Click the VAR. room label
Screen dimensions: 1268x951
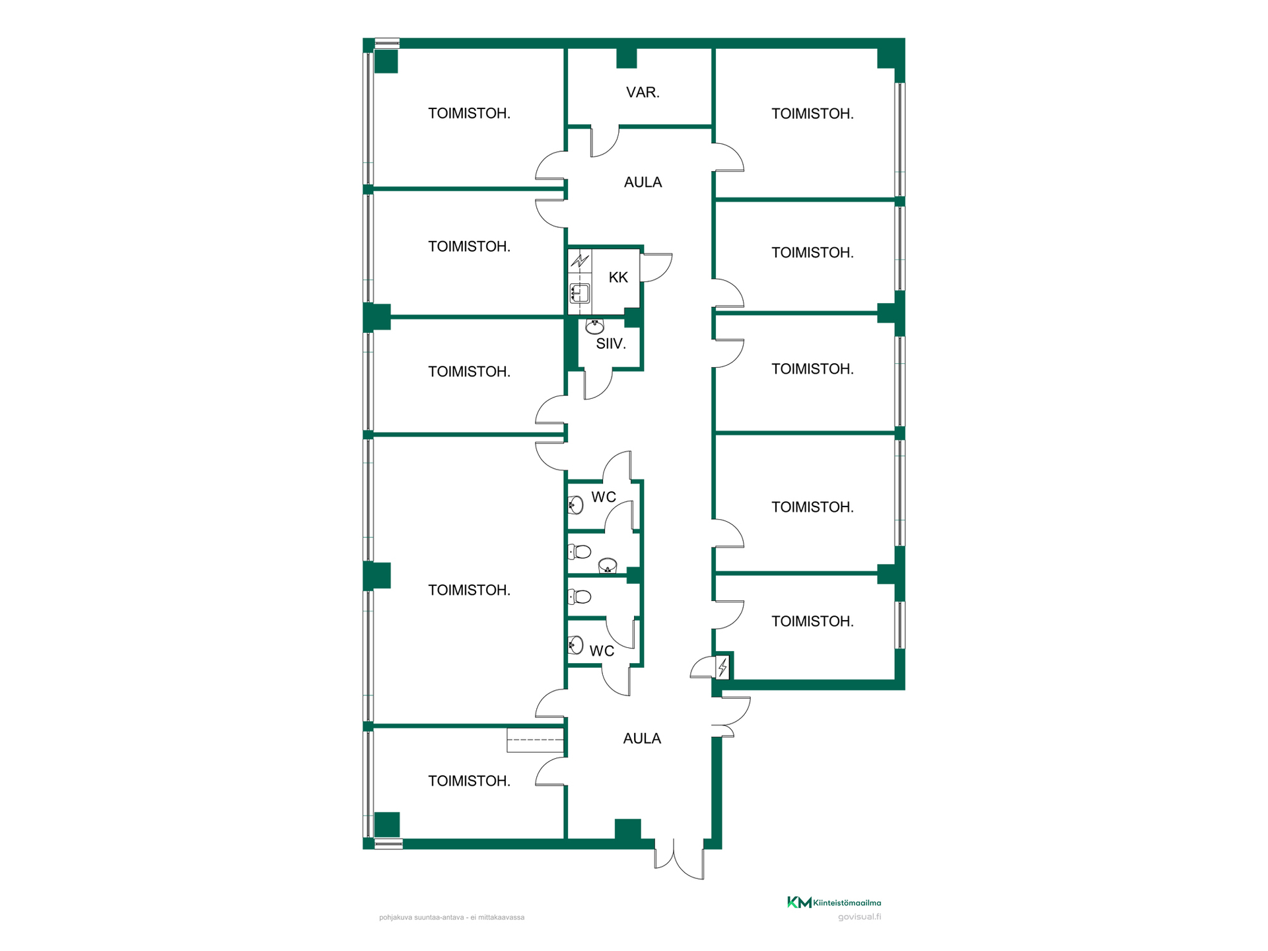[643, 92]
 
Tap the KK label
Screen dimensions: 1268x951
[618, 277]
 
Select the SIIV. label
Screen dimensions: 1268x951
[611, 343]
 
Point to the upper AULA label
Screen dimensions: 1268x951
[643, 182]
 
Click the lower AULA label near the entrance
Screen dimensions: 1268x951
[642, 738]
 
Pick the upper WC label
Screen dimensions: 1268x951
[604, 497]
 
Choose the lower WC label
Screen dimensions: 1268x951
[602, 651]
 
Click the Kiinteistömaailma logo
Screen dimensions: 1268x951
[834, 902]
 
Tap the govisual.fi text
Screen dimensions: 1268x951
[859, 917]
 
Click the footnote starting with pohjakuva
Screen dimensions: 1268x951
[452, 917]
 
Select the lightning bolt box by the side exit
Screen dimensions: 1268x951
[722, 668]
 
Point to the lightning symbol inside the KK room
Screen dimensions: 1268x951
[580, 260]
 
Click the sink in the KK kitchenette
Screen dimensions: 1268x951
[580, 293]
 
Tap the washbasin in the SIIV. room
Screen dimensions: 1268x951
[594, 326]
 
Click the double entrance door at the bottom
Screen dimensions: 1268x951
[679, 859]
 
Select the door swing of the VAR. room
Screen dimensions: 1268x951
[605, 141]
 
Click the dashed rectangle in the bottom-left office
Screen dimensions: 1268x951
[535, 740]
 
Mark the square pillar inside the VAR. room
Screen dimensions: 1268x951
[626, 58]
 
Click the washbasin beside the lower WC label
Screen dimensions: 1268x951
[576, 645]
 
